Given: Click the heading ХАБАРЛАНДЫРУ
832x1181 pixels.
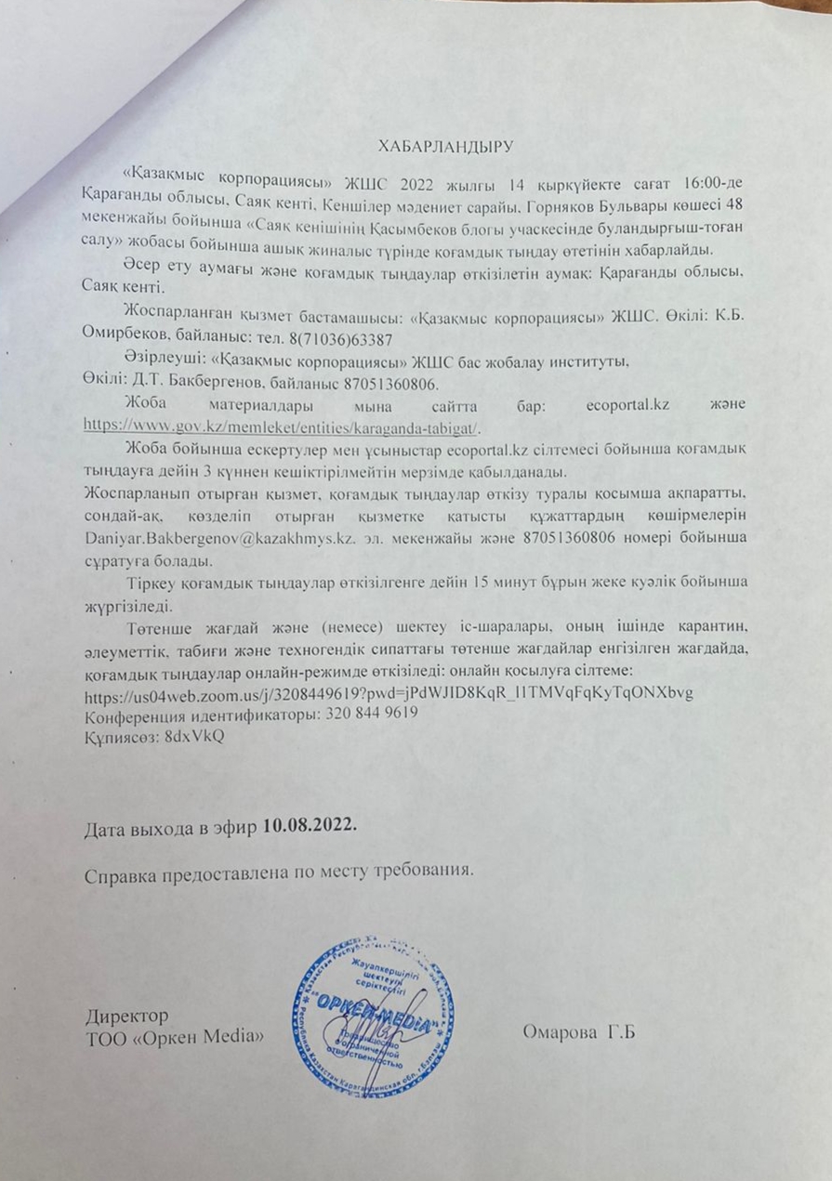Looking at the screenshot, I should [x=446, y=146].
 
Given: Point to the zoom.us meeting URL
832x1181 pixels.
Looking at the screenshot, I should [x=389, y=694].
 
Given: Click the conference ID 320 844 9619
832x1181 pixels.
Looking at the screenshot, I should [x=364, y=715].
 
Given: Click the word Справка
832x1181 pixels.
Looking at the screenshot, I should [x=121, y=873].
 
